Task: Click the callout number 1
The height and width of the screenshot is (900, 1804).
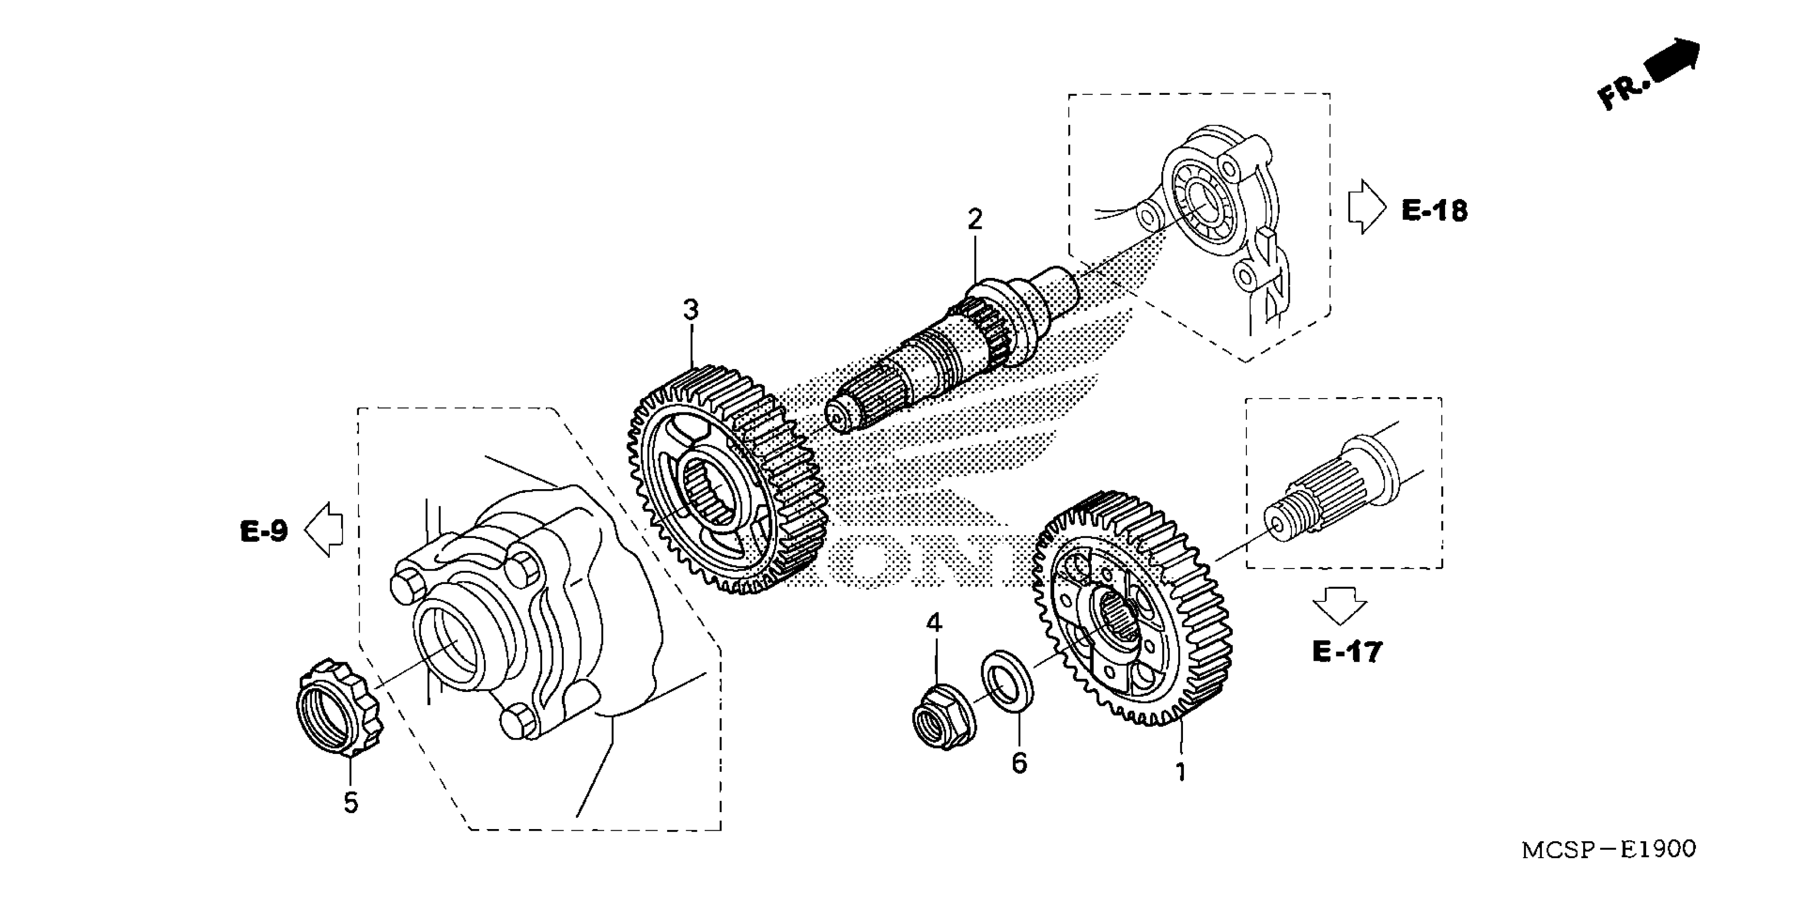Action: (x=1181, y=772)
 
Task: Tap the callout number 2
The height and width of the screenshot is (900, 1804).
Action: (x=975, y=220)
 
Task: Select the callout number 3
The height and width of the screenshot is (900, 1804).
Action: (x=690, y=310)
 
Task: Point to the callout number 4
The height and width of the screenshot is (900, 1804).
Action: (x=934, y=623)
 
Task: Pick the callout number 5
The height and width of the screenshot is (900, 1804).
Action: (x=351, y=803)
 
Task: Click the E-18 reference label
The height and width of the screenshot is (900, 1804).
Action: (x=1434, y=210)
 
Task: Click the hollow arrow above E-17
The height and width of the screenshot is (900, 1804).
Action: (x=1340, y=605)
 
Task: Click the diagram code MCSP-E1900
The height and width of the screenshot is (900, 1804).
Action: (x=1609, y=850)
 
